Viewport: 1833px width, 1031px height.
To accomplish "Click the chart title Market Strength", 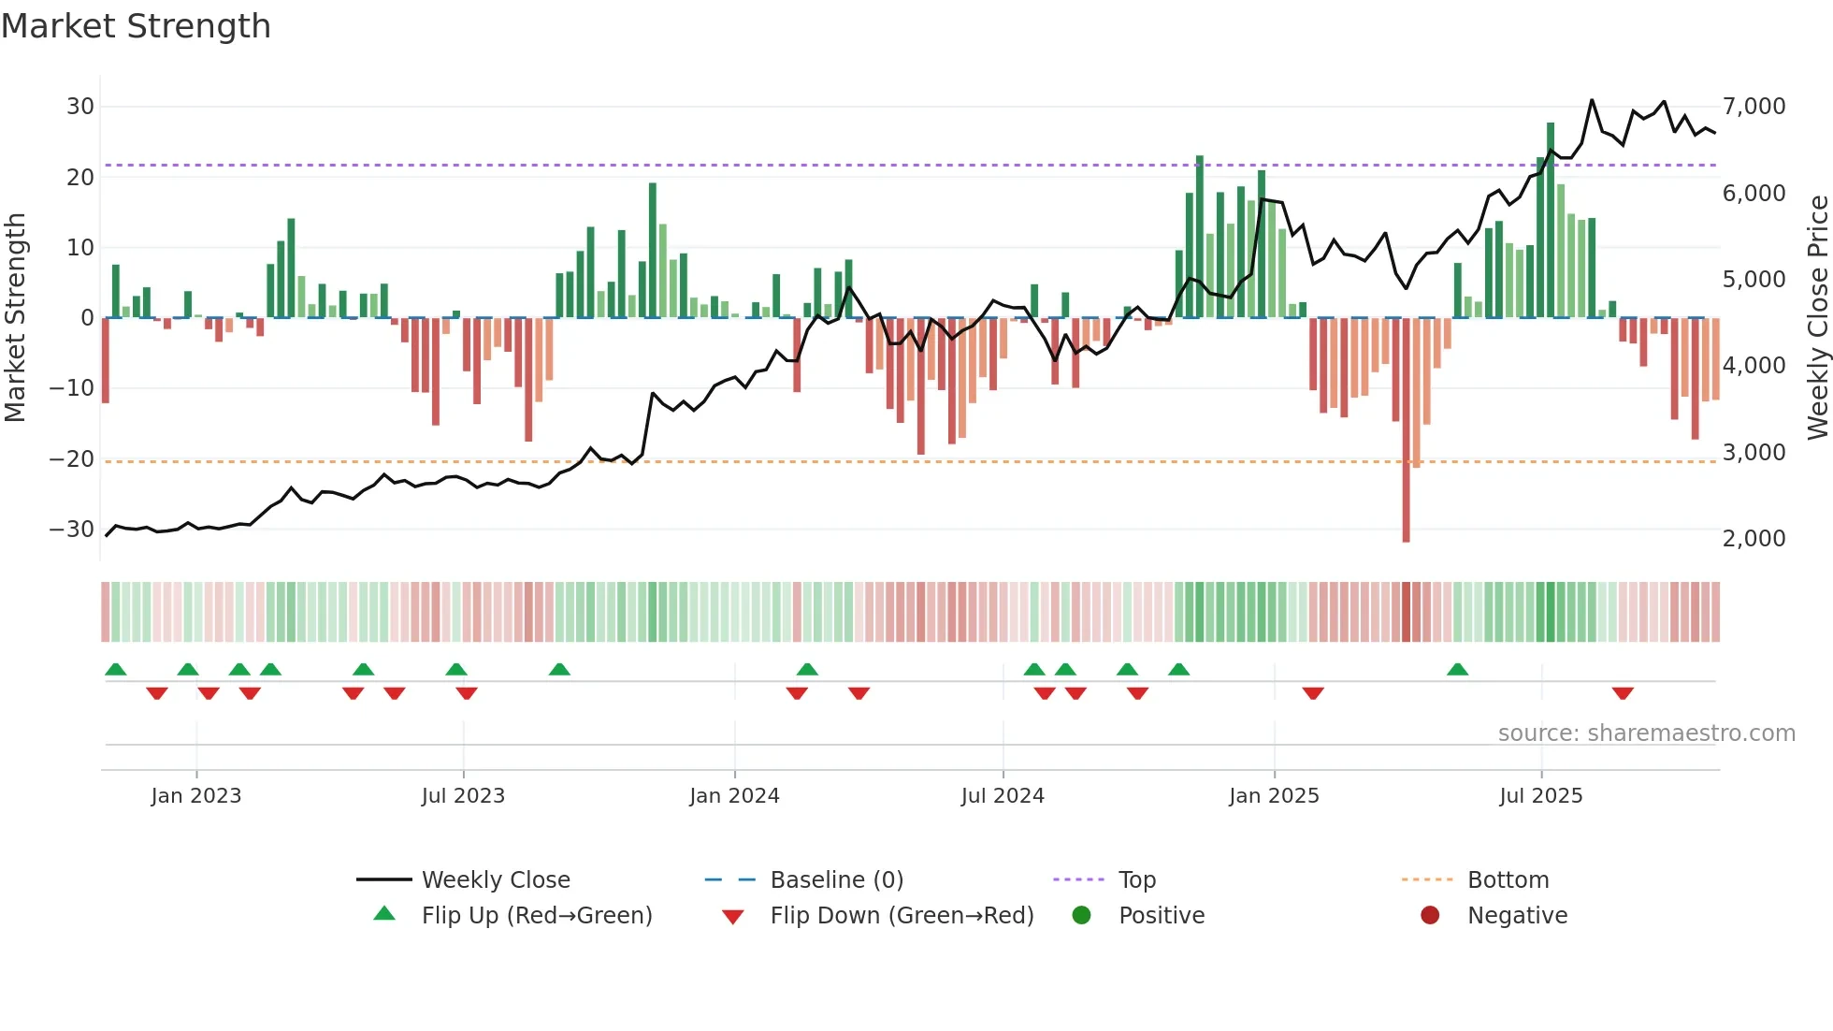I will pos(136,26).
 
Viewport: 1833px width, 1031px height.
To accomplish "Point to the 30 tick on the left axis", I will pos(79,107).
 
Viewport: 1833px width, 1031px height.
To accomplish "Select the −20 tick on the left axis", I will pos(72,458).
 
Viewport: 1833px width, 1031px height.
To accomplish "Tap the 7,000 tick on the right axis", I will pos(1754,107).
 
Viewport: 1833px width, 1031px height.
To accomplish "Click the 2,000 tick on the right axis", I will pos(1754,539).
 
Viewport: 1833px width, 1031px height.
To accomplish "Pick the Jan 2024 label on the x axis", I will pos(734,796).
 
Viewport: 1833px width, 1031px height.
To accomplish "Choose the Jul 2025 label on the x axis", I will pos(1540,796).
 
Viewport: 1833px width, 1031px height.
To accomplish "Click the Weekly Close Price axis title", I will pos(1817,318).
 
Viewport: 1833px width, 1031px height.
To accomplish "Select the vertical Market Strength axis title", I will pos(15,318).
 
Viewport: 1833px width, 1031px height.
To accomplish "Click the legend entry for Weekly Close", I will pos(496,880).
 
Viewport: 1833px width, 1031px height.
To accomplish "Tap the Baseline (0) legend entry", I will pos(836,880).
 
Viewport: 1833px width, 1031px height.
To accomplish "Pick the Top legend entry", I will pos(1137,880).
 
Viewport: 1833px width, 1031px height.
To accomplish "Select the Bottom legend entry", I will pos(1508,880).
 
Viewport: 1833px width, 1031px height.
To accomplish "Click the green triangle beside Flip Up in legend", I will pos(384,914).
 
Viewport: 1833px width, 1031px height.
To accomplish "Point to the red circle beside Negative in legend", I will pos(1429,915).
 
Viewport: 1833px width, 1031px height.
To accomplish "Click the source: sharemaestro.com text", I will pos(1646,733).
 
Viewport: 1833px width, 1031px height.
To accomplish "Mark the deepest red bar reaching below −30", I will pos(1406,430).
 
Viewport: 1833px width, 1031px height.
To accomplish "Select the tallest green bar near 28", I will pos(1550,220).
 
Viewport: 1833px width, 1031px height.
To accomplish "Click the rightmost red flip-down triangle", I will pos(1623,693).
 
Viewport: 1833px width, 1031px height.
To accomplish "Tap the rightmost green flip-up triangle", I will pos(1457,669).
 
